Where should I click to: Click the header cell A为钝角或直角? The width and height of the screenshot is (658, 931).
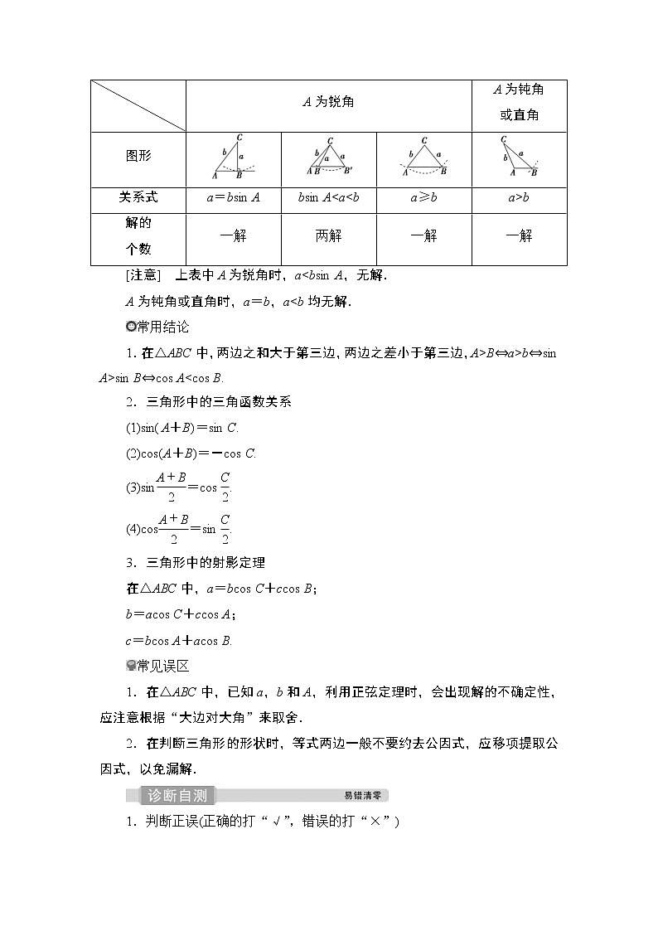tap(519, 102)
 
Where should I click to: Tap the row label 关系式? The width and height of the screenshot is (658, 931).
tap(138, 197)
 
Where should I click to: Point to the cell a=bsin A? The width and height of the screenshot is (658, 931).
tap(234, 198)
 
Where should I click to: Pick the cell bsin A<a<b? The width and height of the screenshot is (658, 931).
tap(328, 198)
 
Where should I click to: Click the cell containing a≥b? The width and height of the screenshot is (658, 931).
tap(423, 198)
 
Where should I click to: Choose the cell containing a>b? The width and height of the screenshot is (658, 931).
tap(519, 198)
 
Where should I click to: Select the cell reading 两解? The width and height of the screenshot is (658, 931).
tap(328, 236)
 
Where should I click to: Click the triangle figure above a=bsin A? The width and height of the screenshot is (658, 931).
tap(232, 158)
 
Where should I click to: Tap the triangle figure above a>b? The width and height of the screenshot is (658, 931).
tap(519, 158)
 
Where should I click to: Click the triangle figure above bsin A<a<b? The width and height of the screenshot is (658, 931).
tap(328, 158)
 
